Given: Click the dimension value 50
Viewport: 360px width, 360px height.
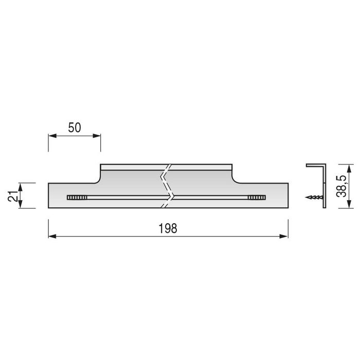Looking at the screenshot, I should (75, 128).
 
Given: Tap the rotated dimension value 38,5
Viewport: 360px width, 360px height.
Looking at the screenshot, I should (340, 186).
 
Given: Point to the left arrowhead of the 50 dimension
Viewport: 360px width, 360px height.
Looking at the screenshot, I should (52, 136).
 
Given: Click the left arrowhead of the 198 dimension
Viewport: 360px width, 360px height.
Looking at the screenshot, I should (52, 236).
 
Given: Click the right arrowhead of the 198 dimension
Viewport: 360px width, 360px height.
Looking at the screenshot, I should (283, 236).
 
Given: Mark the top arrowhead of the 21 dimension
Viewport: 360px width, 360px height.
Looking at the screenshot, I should (21, 185).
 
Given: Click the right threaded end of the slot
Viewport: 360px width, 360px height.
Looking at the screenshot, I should (256, 197).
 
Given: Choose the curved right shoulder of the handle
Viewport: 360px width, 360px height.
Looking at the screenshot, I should (236, 178).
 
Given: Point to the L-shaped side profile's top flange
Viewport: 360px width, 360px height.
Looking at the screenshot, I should (315, 166).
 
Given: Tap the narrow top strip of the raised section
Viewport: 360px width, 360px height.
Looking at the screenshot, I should (134, 167).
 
